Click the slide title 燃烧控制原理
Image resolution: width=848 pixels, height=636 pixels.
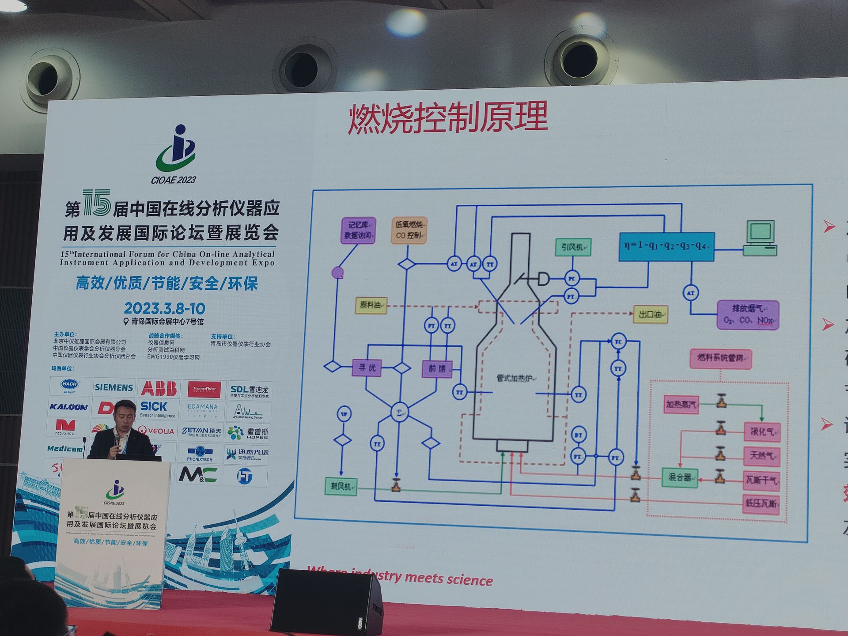coord(447,117)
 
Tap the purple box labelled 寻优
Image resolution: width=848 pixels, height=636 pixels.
coord(367,367)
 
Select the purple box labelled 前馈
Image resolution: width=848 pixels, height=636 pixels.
coord(437,368)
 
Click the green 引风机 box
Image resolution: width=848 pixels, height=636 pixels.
coord(573,247)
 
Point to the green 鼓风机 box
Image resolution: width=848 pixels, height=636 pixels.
coord(341,486)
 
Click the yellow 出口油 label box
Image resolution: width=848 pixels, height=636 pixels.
coord(650,314)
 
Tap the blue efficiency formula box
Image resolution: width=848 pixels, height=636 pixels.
coord(666,246)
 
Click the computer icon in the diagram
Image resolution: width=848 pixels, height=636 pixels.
coord(760,238)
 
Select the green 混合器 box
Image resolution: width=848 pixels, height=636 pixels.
coord(679,477)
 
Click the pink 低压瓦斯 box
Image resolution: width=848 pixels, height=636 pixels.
coord(761,503)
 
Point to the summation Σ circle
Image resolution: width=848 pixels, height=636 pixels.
coord(399,413)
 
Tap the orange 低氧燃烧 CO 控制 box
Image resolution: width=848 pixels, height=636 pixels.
coord(409,230)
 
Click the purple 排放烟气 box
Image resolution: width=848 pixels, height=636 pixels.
coord(748,315)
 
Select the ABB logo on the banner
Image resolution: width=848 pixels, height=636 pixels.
coord(159,388)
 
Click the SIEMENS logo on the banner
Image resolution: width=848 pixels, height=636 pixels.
coord(114,387)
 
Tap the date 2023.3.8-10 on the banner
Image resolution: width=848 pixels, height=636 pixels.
coord(164,308)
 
